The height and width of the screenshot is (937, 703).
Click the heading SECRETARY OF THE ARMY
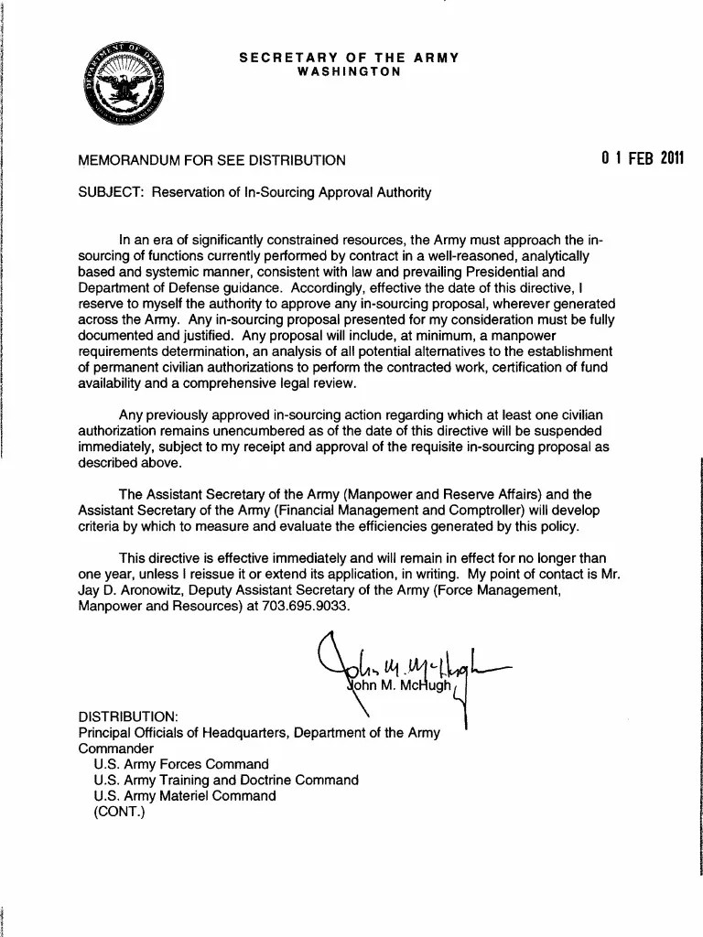[x=349, y=58]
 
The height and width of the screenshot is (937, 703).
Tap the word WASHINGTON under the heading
[x=350, y=71]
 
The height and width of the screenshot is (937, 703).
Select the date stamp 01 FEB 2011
[x=643, y=157]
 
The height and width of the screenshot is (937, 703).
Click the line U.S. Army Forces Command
[x=181, y=764]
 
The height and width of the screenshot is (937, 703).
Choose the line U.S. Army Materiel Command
[x=184, y=796]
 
